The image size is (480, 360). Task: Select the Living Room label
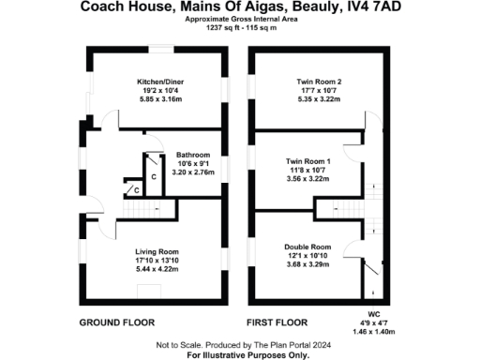tap(157, 251)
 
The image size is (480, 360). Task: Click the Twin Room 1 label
tap(308, 161)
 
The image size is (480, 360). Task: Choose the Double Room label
tap(308, 247)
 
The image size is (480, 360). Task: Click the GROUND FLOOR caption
tap(115, 322)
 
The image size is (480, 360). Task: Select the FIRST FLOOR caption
tap(278, 322)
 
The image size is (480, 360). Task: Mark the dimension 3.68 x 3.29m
tap(308, 265)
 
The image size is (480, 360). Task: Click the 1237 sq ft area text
tap(222, 27)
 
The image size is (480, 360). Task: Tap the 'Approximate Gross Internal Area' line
tap(240, 19)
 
